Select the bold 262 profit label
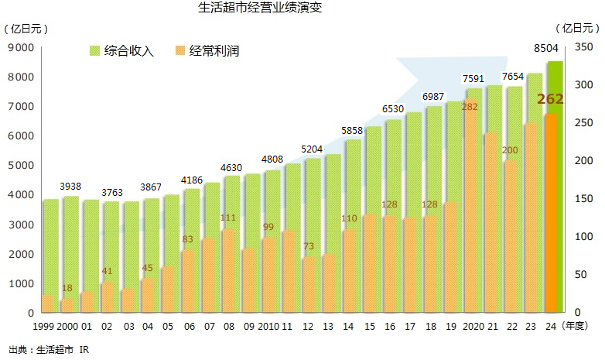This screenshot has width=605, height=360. coord(550,99)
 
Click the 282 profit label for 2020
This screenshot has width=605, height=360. coord(470,106)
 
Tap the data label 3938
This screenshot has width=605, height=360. coord(72,187)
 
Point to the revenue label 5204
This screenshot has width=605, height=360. coord(313,149)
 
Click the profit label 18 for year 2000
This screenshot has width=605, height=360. coord(67,288)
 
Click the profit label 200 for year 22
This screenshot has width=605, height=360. coord(510,150)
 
